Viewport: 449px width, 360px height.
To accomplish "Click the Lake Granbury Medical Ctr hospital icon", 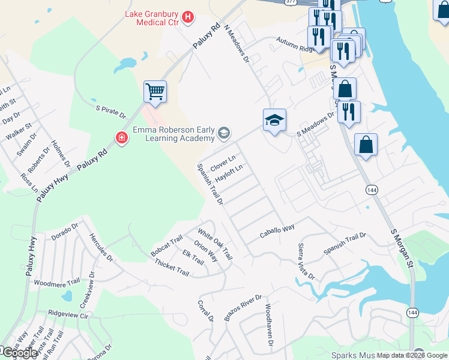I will (x=188, y=17).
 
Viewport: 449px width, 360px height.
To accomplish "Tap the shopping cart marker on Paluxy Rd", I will (x=155, y=92).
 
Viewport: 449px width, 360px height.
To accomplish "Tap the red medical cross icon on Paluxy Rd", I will (x=122, y=139).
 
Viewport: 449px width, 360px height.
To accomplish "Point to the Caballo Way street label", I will (x=277, y=232).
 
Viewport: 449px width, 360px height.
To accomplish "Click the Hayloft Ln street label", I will (x=229, y=174).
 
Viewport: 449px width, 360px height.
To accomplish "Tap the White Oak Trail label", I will (x=215, y=244).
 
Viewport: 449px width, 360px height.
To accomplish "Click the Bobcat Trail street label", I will (x=166, y=247).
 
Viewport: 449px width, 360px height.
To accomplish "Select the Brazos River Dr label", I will (x=244, y=308).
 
